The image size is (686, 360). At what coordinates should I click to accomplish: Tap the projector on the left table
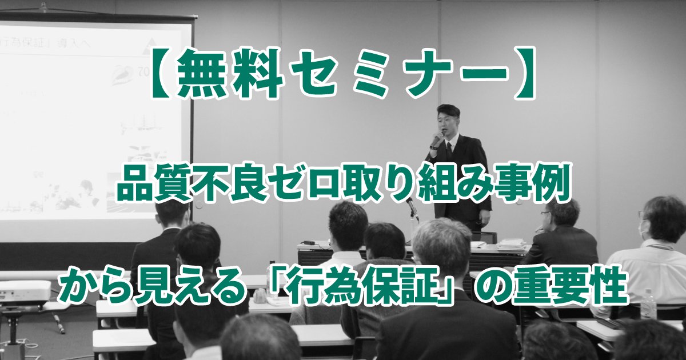(x=23, y=293)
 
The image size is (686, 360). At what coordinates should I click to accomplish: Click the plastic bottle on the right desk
(x=648, y=304)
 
